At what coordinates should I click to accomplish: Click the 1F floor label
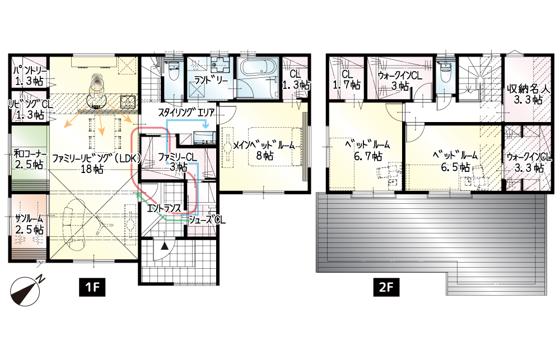[x=92, y=287]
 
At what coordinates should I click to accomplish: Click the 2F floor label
[x=386, y=287]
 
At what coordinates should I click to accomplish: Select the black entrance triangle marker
[x=164, y=246]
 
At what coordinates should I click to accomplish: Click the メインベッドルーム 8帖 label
[x=264, y=150]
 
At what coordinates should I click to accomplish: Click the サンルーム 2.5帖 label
[x=29, y=223]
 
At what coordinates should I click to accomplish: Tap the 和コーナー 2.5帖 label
[x=30, y=160]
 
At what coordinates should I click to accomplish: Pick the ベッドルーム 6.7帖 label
[x=367, y=151]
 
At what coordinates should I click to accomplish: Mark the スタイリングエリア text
[x=186, y=113]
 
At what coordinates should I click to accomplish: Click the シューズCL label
[x=207, y=219]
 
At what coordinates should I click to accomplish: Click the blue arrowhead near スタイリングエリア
[x=206, y=126]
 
